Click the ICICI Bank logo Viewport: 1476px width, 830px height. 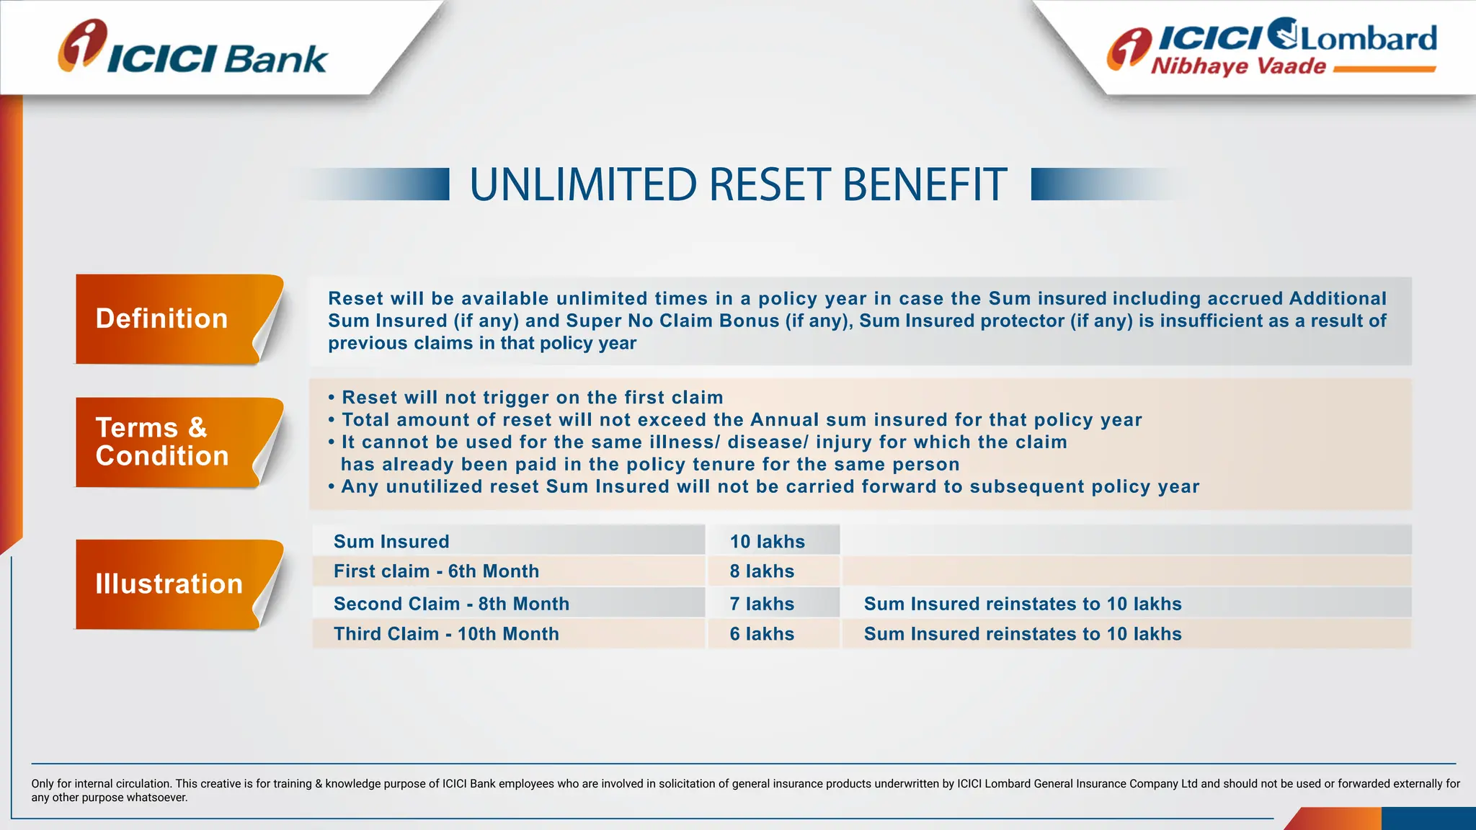tap(192, 49)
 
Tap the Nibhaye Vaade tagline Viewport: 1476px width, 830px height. tap(1238, 66)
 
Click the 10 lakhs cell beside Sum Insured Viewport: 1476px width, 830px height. tap(767, 542)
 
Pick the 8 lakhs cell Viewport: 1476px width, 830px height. tap(762, 571)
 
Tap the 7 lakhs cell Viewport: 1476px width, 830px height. tap(762, 604)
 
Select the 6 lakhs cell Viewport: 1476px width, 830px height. tap(762, 634)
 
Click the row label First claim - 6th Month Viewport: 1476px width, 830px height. tap(436, 571)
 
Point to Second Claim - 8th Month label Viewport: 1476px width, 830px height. tap(451, 604)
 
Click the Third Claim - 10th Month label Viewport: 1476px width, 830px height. tap(446, 634)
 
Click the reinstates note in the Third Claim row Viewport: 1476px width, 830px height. tap(1023, 634)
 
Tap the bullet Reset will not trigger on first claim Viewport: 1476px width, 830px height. tap(532, 398)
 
